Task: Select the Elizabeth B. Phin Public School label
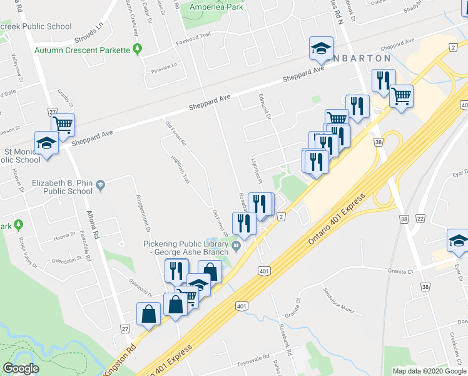[63, 187]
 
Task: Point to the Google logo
[21, 368]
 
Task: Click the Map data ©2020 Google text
[429, 371]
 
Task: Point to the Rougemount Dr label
[143, 212]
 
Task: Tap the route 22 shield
[420, 218]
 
